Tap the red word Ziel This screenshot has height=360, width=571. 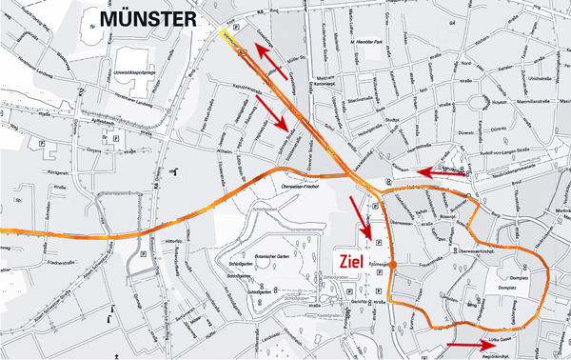[x=346, y=259]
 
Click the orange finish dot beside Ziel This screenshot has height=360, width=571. [x=391, y=263]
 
